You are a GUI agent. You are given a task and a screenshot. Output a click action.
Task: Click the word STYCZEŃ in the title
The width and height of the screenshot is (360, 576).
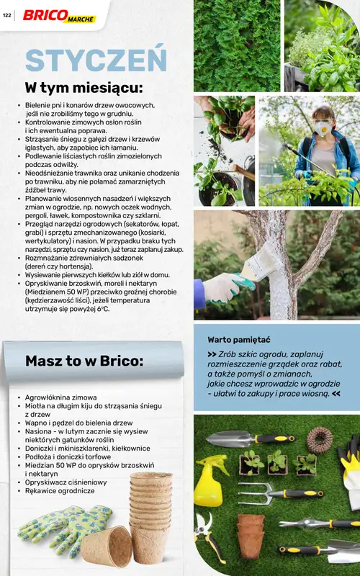click(x=96, y=60)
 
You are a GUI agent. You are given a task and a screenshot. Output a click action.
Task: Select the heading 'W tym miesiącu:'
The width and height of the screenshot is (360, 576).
click(x=84, y=87)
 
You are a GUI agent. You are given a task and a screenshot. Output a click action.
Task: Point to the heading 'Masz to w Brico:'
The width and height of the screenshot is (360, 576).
click(x=84, y=361)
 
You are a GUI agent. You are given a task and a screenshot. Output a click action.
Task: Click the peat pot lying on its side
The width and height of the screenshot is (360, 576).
click(x=106, y=546)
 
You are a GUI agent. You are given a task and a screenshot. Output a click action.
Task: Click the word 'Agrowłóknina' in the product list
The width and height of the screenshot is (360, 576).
click(x=50, y=397)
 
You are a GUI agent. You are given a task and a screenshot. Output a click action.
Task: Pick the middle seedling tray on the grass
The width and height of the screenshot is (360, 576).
click(x=277, y=462)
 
